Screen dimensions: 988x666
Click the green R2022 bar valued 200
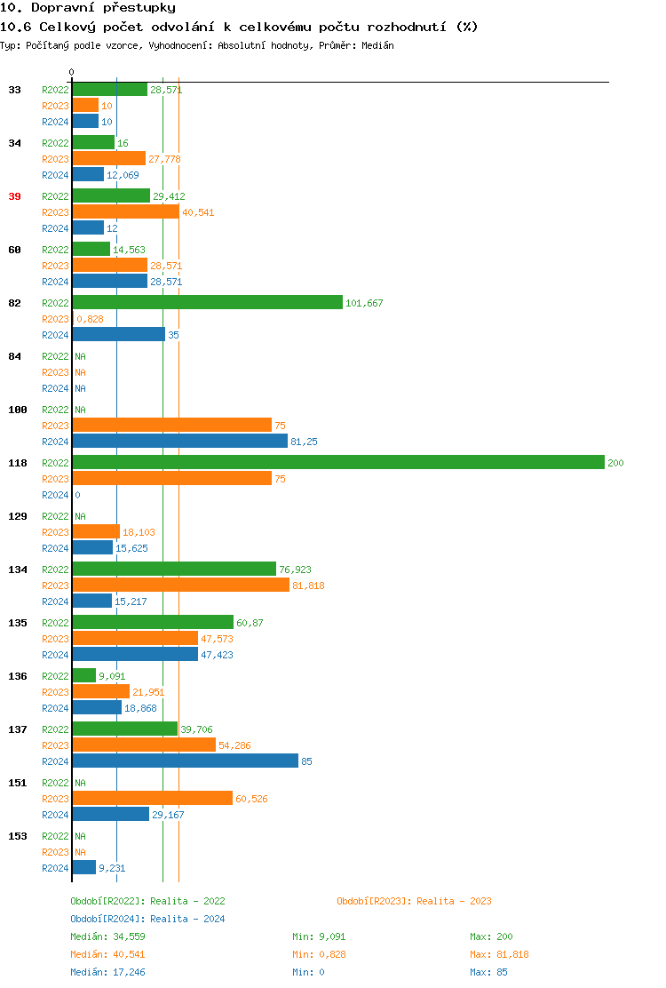pos(337,462)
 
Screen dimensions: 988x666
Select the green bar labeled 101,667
pos(207,302)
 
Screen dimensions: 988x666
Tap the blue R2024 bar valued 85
pos(185,761)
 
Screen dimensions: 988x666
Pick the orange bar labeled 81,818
pos(180,585)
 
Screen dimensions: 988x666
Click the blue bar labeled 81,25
pos(179,441)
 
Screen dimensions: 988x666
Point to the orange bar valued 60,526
pos(152,798)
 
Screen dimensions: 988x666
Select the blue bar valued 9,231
pos(83,867)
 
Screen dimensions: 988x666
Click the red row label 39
pos(14,196)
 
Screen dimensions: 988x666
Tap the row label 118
pos(18,463)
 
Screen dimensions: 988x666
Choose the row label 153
pos(18,836)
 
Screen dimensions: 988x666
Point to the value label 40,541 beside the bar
pos(198,212)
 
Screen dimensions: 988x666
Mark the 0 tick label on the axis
pos(72,72)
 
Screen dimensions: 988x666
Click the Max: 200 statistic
pos(491,936)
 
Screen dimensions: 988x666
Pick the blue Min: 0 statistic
pos(310,972)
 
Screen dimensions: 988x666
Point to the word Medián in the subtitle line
pos(378,45)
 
